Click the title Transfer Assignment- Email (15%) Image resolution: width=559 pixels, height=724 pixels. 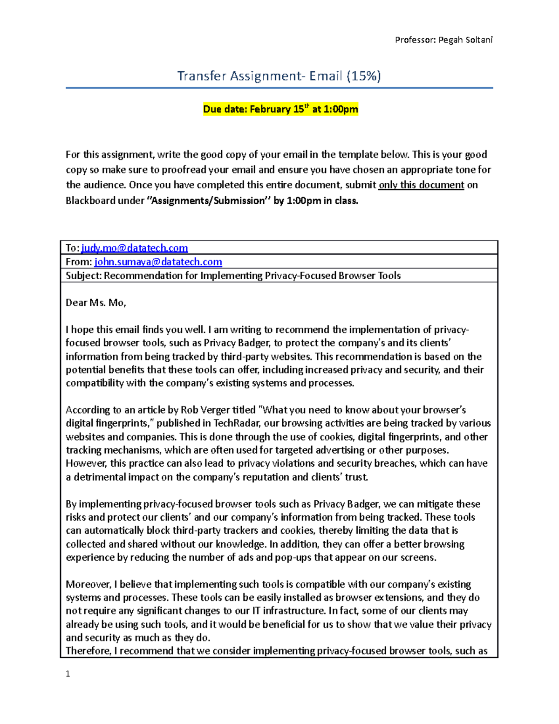point(279,76)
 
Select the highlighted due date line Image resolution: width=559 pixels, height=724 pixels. point(280,109)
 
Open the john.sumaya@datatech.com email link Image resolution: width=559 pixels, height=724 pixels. point(158,262)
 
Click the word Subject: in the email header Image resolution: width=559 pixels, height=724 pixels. point(83,276)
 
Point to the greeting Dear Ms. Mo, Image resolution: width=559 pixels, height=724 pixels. point(96,303)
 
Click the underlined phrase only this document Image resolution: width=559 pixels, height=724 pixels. point(421,185)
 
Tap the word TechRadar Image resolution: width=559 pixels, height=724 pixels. point(235,423)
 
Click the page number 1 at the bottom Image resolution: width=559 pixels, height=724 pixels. point(68,674)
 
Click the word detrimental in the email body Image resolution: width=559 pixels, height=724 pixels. point(100,477)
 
